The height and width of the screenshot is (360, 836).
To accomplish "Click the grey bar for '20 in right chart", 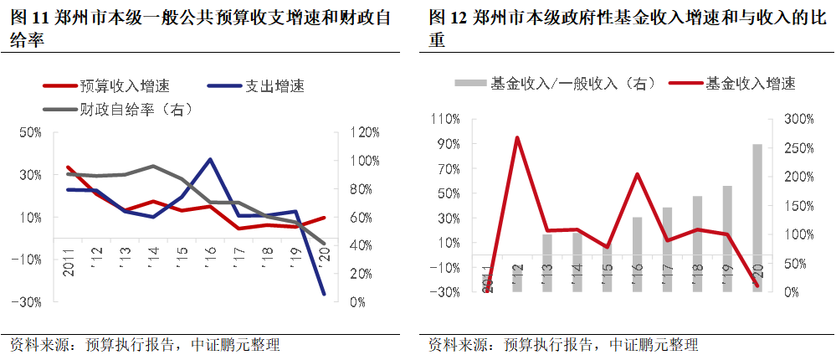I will tap(757, 218).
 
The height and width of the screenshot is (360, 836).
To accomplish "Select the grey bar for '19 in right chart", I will tap(727, 239).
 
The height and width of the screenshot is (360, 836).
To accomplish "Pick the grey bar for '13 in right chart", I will tap(546, 263).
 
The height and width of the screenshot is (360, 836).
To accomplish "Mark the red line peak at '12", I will tap(517, 137).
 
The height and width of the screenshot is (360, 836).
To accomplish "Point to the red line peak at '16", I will tap(637, 174).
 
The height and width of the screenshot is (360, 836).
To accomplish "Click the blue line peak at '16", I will tap(209, 159).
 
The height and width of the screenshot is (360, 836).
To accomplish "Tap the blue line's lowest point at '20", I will tap(323, 294).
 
